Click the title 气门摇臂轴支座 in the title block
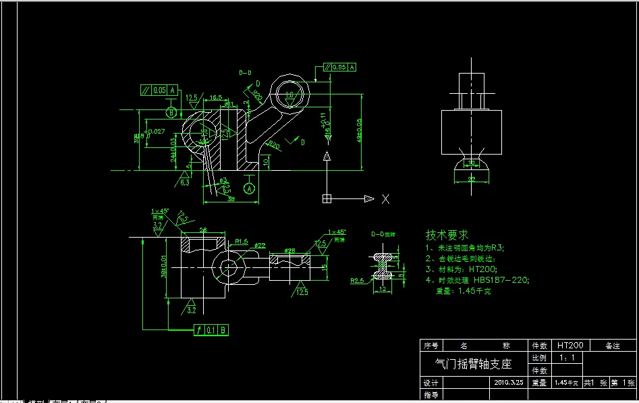(x=475, y=364)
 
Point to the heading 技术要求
(x=446, y=235)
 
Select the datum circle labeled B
(x=171, y=112)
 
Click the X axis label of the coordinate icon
(x=386, y=199)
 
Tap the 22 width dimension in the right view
(x=471, y=178)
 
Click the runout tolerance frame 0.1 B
(x=211, y=329)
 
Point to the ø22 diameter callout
(x=259, y=245)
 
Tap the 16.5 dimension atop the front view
(x=216, y=98)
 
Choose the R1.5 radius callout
(x=242, y=240)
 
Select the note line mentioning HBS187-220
(x=477, y=279)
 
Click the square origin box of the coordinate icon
(x=327, y=198)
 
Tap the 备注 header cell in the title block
(x=612, y=345)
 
